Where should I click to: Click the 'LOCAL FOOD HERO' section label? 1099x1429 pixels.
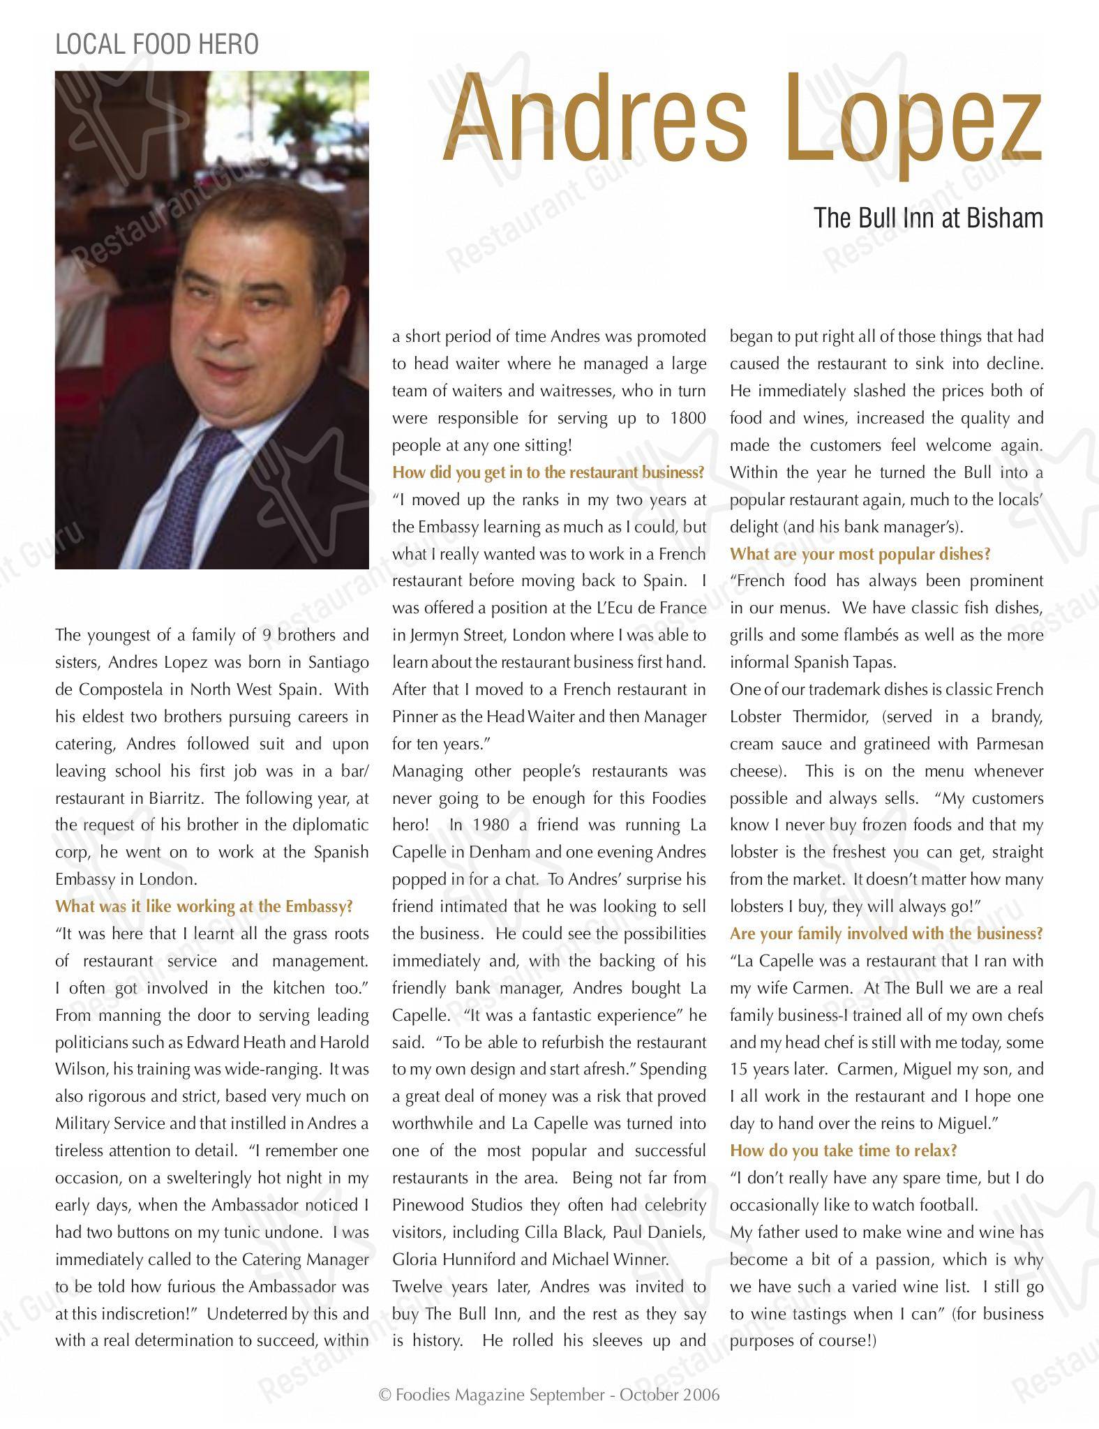tap(156, 45)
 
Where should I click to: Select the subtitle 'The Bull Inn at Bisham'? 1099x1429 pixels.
tap(928, 218)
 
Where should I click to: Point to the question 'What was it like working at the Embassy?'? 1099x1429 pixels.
tap(204, 906)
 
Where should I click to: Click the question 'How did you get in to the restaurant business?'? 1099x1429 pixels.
tap(548, 472)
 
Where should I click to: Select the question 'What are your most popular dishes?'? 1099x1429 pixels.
tap(860, 554)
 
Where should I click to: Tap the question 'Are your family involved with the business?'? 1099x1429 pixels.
tap(886, 934)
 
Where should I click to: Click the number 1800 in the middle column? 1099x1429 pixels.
tap(687, 419)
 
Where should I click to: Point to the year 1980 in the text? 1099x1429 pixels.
tap(487, 825)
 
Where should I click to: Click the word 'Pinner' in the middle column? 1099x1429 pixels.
tap(414, 717)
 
